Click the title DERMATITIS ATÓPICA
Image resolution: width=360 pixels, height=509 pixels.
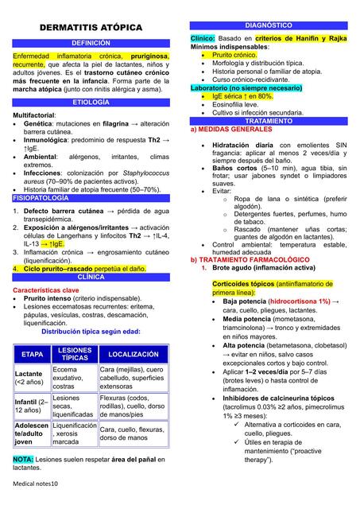pyautogui.click(x=91, y=28)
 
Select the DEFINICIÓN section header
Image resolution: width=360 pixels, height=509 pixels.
pyautogui.click(x=91, y=43)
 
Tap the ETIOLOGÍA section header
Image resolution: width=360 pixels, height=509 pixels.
pyautogui.click(x=91, y=103)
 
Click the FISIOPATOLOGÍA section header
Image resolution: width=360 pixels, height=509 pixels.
pyautogui.click(x=41, y=198)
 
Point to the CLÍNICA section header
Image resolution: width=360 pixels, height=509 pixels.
pyautogui.click(x=91, y=278)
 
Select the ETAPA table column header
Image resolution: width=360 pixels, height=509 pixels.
pyautogui.click(x=32, y=354)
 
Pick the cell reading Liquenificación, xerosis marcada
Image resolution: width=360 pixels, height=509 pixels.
pyautogui.click(x=75, y=433)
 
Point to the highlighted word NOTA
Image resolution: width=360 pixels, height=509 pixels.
pyautogui.click(x=23, y=460)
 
